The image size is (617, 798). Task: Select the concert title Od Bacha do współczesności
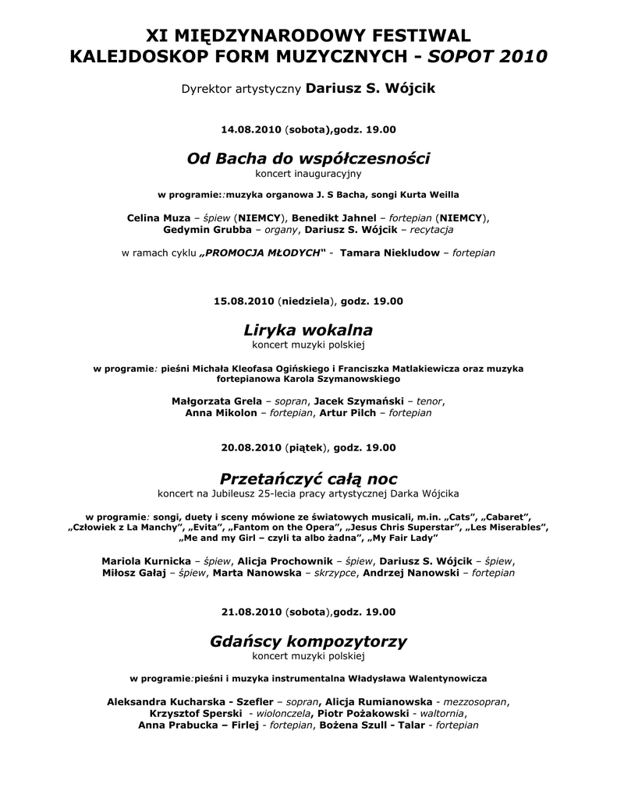pos(308,159)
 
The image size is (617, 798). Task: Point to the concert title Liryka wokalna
pos(308,330)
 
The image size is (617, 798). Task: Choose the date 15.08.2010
pos(243,300)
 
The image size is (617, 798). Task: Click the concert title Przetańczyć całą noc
pos(308,478)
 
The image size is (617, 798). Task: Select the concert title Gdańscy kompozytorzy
pos(308,642)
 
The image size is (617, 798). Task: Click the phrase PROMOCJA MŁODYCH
pos(261,253)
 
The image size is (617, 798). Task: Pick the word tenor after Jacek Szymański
pos(429,401)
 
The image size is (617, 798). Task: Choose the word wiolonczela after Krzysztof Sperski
pos(281,713)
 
